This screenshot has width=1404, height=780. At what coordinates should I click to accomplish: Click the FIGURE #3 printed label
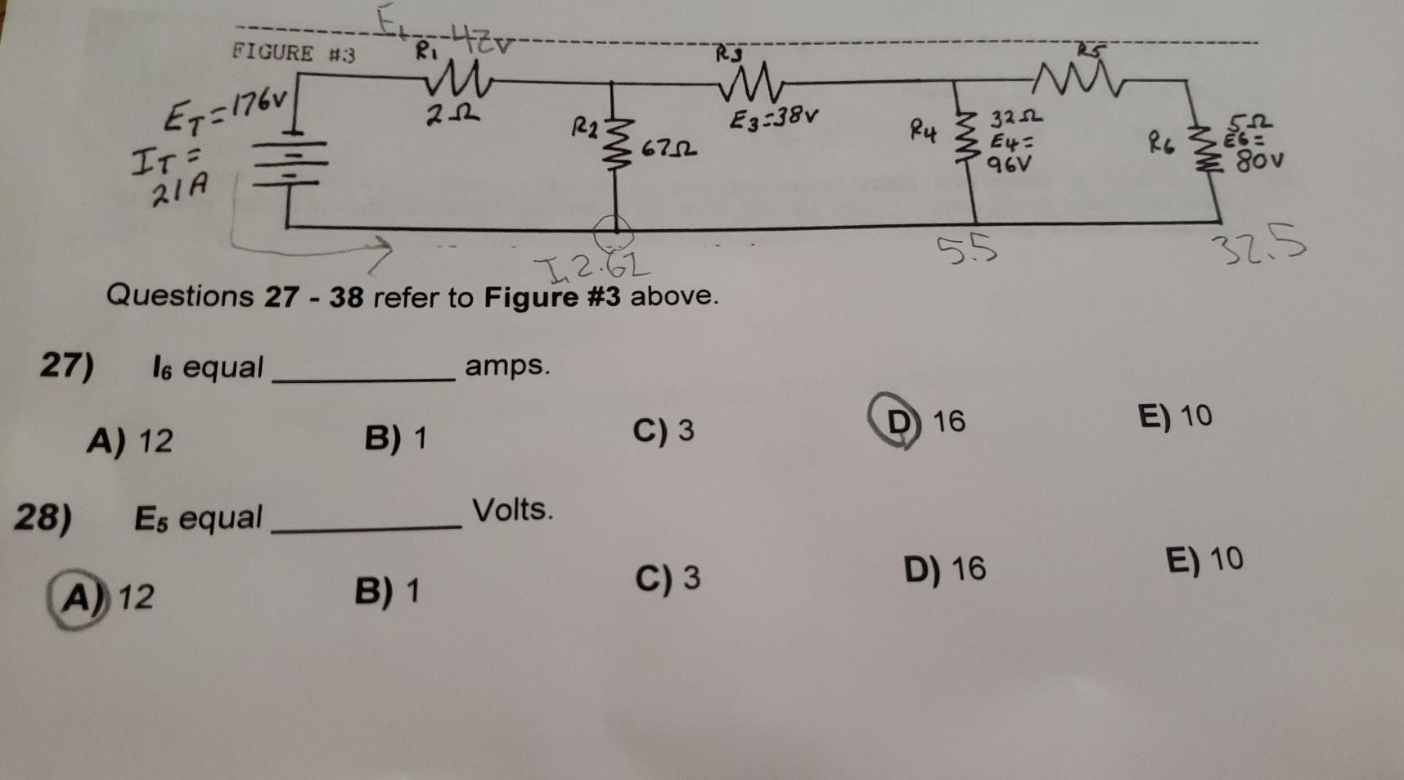[294, 54]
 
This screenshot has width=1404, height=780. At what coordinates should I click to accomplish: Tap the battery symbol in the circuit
[289, 165]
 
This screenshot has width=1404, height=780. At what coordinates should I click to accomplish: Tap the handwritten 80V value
[1259, 160]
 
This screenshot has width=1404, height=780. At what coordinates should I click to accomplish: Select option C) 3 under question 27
[664, 431]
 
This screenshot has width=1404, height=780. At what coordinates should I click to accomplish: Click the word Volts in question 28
[512, 510]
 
